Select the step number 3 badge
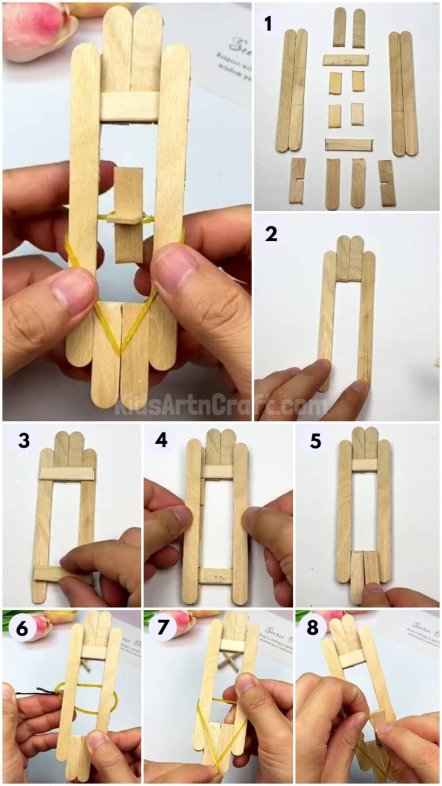coord(23,442)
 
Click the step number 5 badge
coord(315,442)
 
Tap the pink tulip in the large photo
coord(37,29)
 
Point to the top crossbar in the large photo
coord(129,107)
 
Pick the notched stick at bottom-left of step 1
coord(297,181)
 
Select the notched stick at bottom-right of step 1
coord(387,183)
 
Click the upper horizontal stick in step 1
coord(345,60)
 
